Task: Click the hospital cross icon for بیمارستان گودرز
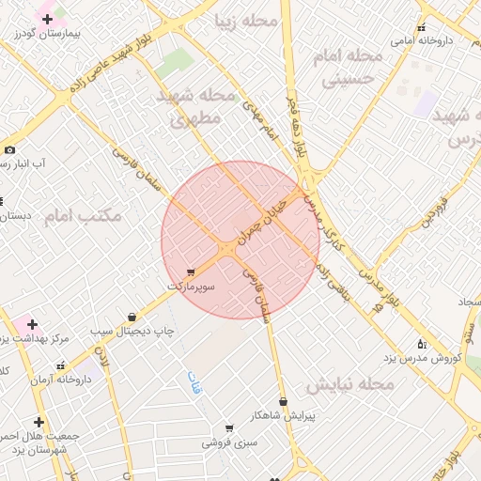(47, 19)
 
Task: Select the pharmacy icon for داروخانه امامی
(421, 27)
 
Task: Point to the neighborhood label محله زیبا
(247, 20)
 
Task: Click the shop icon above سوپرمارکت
(191, 272)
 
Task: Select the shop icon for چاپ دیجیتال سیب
(131, 318)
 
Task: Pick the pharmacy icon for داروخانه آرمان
(61, 365)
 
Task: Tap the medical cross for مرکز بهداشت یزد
(32, 324)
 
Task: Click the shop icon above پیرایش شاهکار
(283, 401)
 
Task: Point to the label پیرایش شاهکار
(283, 414)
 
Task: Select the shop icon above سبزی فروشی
(229, 428)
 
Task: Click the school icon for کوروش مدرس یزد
(421, 344)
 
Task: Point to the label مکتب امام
(83, 216)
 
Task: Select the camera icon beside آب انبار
(9, 149)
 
